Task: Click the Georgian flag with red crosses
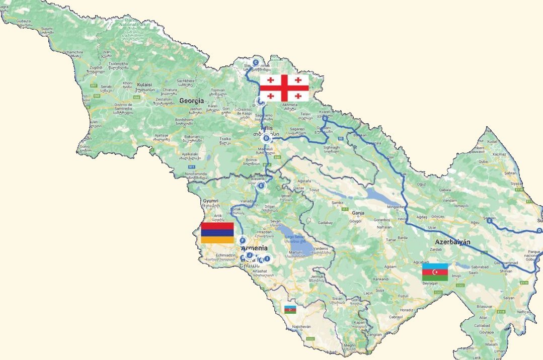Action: point(284,87)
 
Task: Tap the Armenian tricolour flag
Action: point(217,233)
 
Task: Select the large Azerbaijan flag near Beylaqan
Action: point(435,272)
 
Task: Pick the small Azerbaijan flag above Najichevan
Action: point(290,309)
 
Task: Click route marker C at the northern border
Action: point(256,62)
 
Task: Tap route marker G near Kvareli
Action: point(325,118)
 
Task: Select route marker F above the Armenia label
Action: point(243,240)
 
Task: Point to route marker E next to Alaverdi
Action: point(261,186)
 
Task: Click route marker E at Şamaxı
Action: point(489,220)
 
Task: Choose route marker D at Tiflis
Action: point(266,138)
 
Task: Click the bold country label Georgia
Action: point(191,101)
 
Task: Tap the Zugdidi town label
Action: point(96,67)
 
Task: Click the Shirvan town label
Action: point(504,271)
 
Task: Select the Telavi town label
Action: point(306,114)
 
